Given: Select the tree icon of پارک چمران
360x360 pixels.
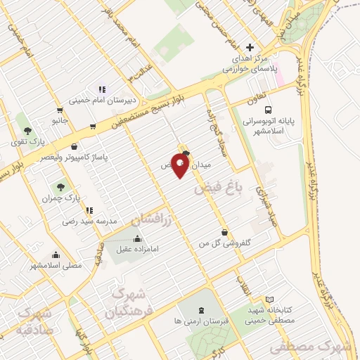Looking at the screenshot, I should [60, 188].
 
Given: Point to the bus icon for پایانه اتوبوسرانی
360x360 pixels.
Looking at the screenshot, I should [268, 110].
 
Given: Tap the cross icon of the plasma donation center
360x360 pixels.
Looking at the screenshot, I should [250, 47].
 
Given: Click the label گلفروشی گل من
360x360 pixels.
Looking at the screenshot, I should [224, 243].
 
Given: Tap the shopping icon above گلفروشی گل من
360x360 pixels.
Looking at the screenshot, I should [224, 232].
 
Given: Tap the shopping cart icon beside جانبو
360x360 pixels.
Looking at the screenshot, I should [60, 110].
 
